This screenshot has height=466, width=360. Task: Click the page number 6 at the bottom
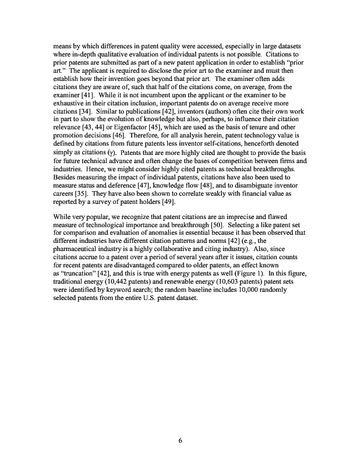coord(180,440)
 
